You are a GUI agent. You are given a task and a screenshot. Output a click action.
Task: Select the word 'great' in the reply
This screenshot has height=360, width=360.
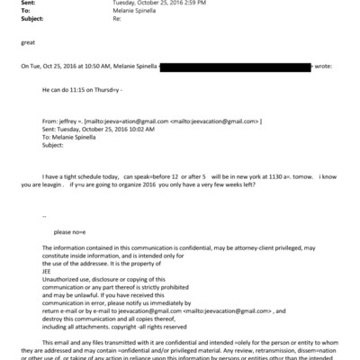tap(27, 41)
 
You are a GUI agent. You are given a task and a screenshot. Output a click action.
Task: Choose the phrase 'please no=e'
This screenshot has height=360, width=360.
tap(69, 231)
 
